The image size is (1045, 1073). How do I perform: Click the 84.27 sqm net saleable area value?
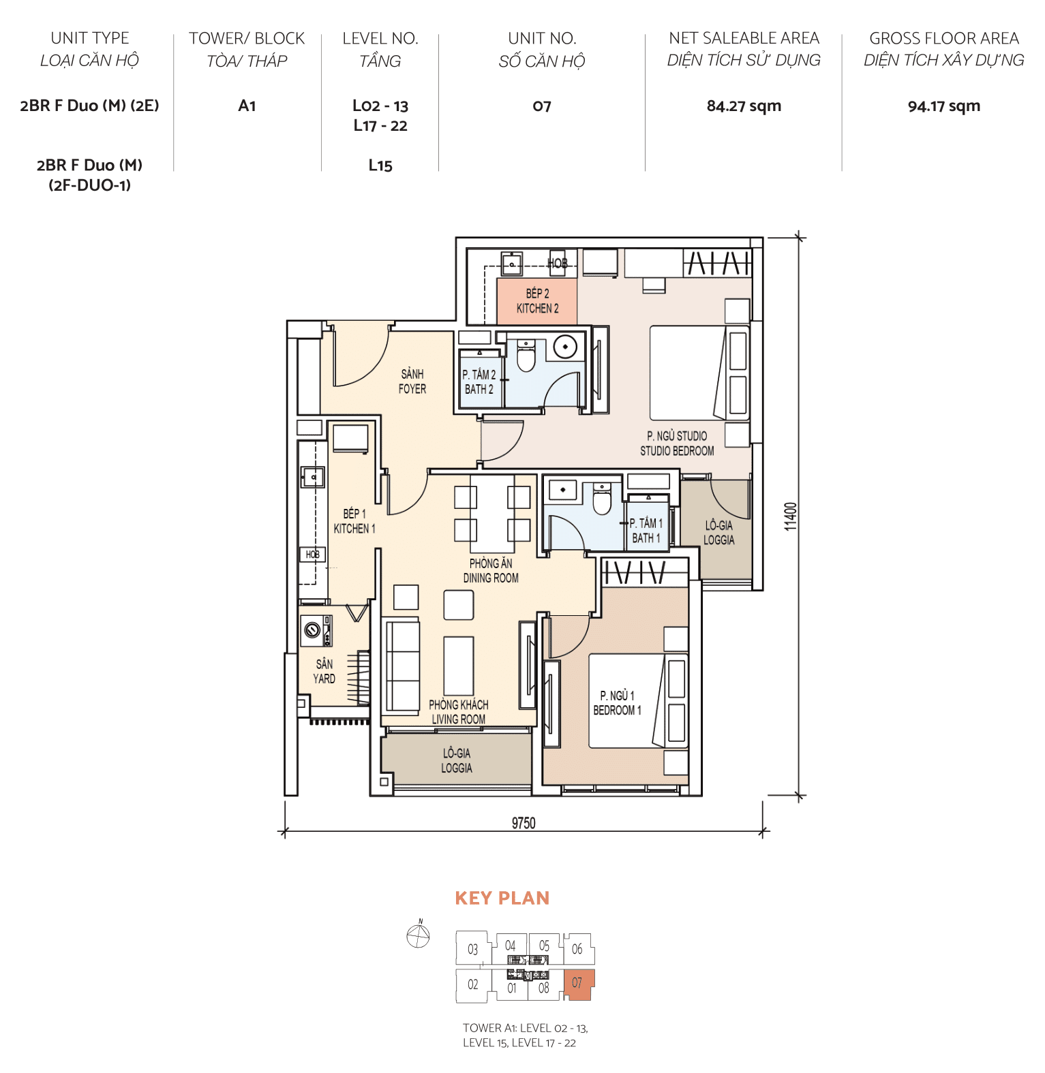click(x=744, y=106)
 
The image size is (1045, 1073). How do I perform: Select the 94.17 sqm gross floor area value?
click(x=943, y=106)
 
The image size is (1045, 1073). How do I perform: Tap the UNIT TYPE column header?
click(x=89, y=38)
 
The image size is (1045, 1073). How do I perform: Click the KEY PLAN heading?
click(x=502, y=898)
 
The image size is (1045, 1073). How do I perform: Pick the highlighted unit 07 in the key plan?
click(x=578, y=983)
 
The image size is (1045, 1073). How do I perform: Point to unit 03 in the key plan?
click(x=472, y=949)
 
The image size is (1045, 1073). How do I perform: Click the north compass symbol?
click(x=418, y=936)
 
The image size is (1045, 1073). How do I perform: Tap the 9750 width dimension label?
click(x=524, y=823)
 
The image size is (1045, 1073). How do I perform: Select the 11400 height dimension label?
click(x=790, y=516)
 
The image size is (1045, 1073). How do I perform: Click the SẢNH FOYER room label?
click(x=412, y=382)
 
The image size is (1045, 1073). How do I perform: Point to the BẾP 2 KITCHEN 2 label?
click(x=537, y=300)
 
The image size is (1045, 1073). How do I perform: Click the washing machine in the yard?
click(x=314, y=631)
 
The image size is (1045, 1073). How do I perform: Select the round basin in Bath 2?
click(x=565, y=347)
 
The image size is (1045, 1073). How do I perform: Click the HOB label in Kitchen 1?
click(x=312, y=555)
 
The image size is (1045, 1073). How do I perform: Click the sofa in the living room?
click(x=402, y=666)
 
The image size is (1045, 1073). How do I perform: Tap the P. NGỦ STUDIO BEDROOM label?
click(x=677, y=443)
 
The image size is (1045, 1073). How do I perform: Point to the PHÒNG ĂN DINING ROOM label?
click(x=491, y=570)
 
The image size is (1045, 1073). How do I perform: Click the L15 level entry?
click(x=380, y=166)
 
